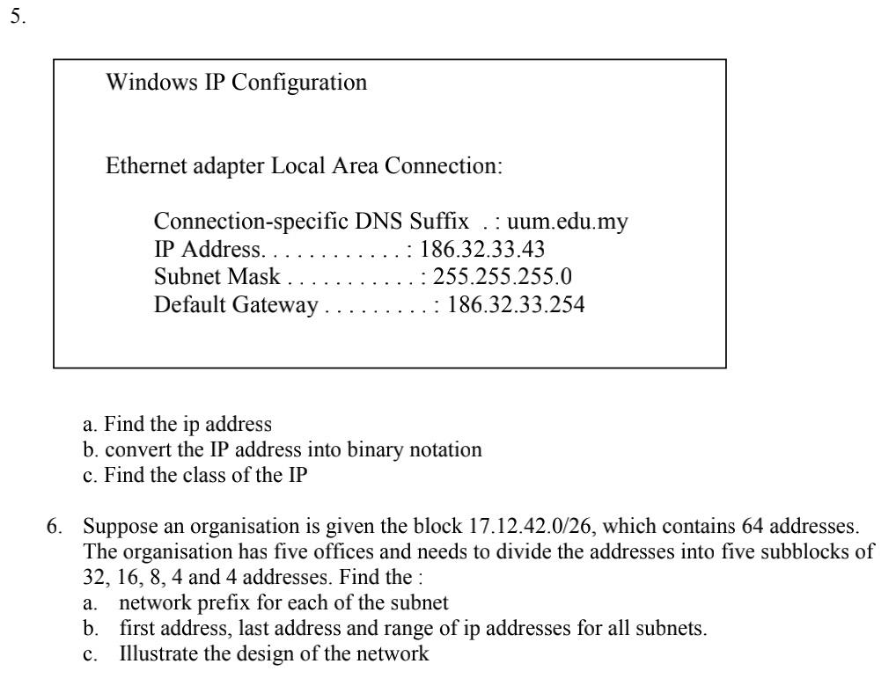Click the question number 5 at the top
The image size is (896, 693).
17,18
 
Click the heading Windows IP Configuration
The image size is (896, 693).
236,84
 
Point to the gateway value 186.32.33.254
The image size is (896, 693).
516,306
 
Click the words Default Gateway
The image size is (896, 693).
235,306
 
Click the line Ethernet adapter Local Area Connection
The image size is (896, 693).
304,166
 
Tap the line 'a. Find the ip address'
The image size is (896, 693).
176,424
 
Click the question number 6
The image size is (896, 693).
55,527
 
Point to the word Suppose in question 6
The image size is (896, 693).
116,527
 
